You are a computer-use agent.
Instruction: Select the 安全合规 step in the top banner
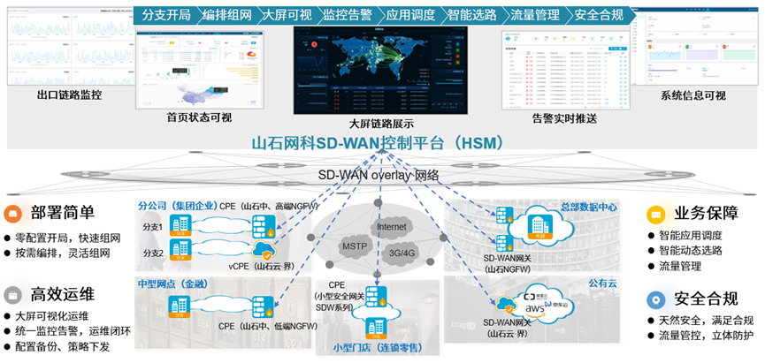[599, 15]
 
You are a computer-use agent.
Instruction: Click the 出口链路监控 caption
[68, 95]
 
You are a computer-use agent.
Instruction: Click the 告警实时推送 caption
[563, 117]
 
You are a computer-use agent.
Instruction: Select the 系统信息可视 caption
[692, 95]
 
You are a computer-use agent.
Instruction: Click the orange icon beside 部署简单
[12, 213]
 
